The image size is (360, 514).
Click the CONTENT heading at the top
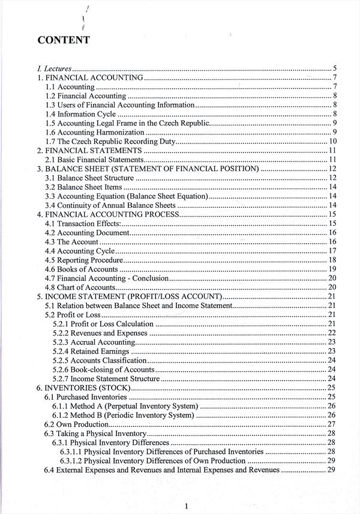(64, 41)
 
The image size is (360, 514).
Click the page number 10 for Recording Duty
(332, 141)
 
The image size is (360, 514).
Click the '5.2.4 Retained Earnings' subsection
(91, 351)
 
